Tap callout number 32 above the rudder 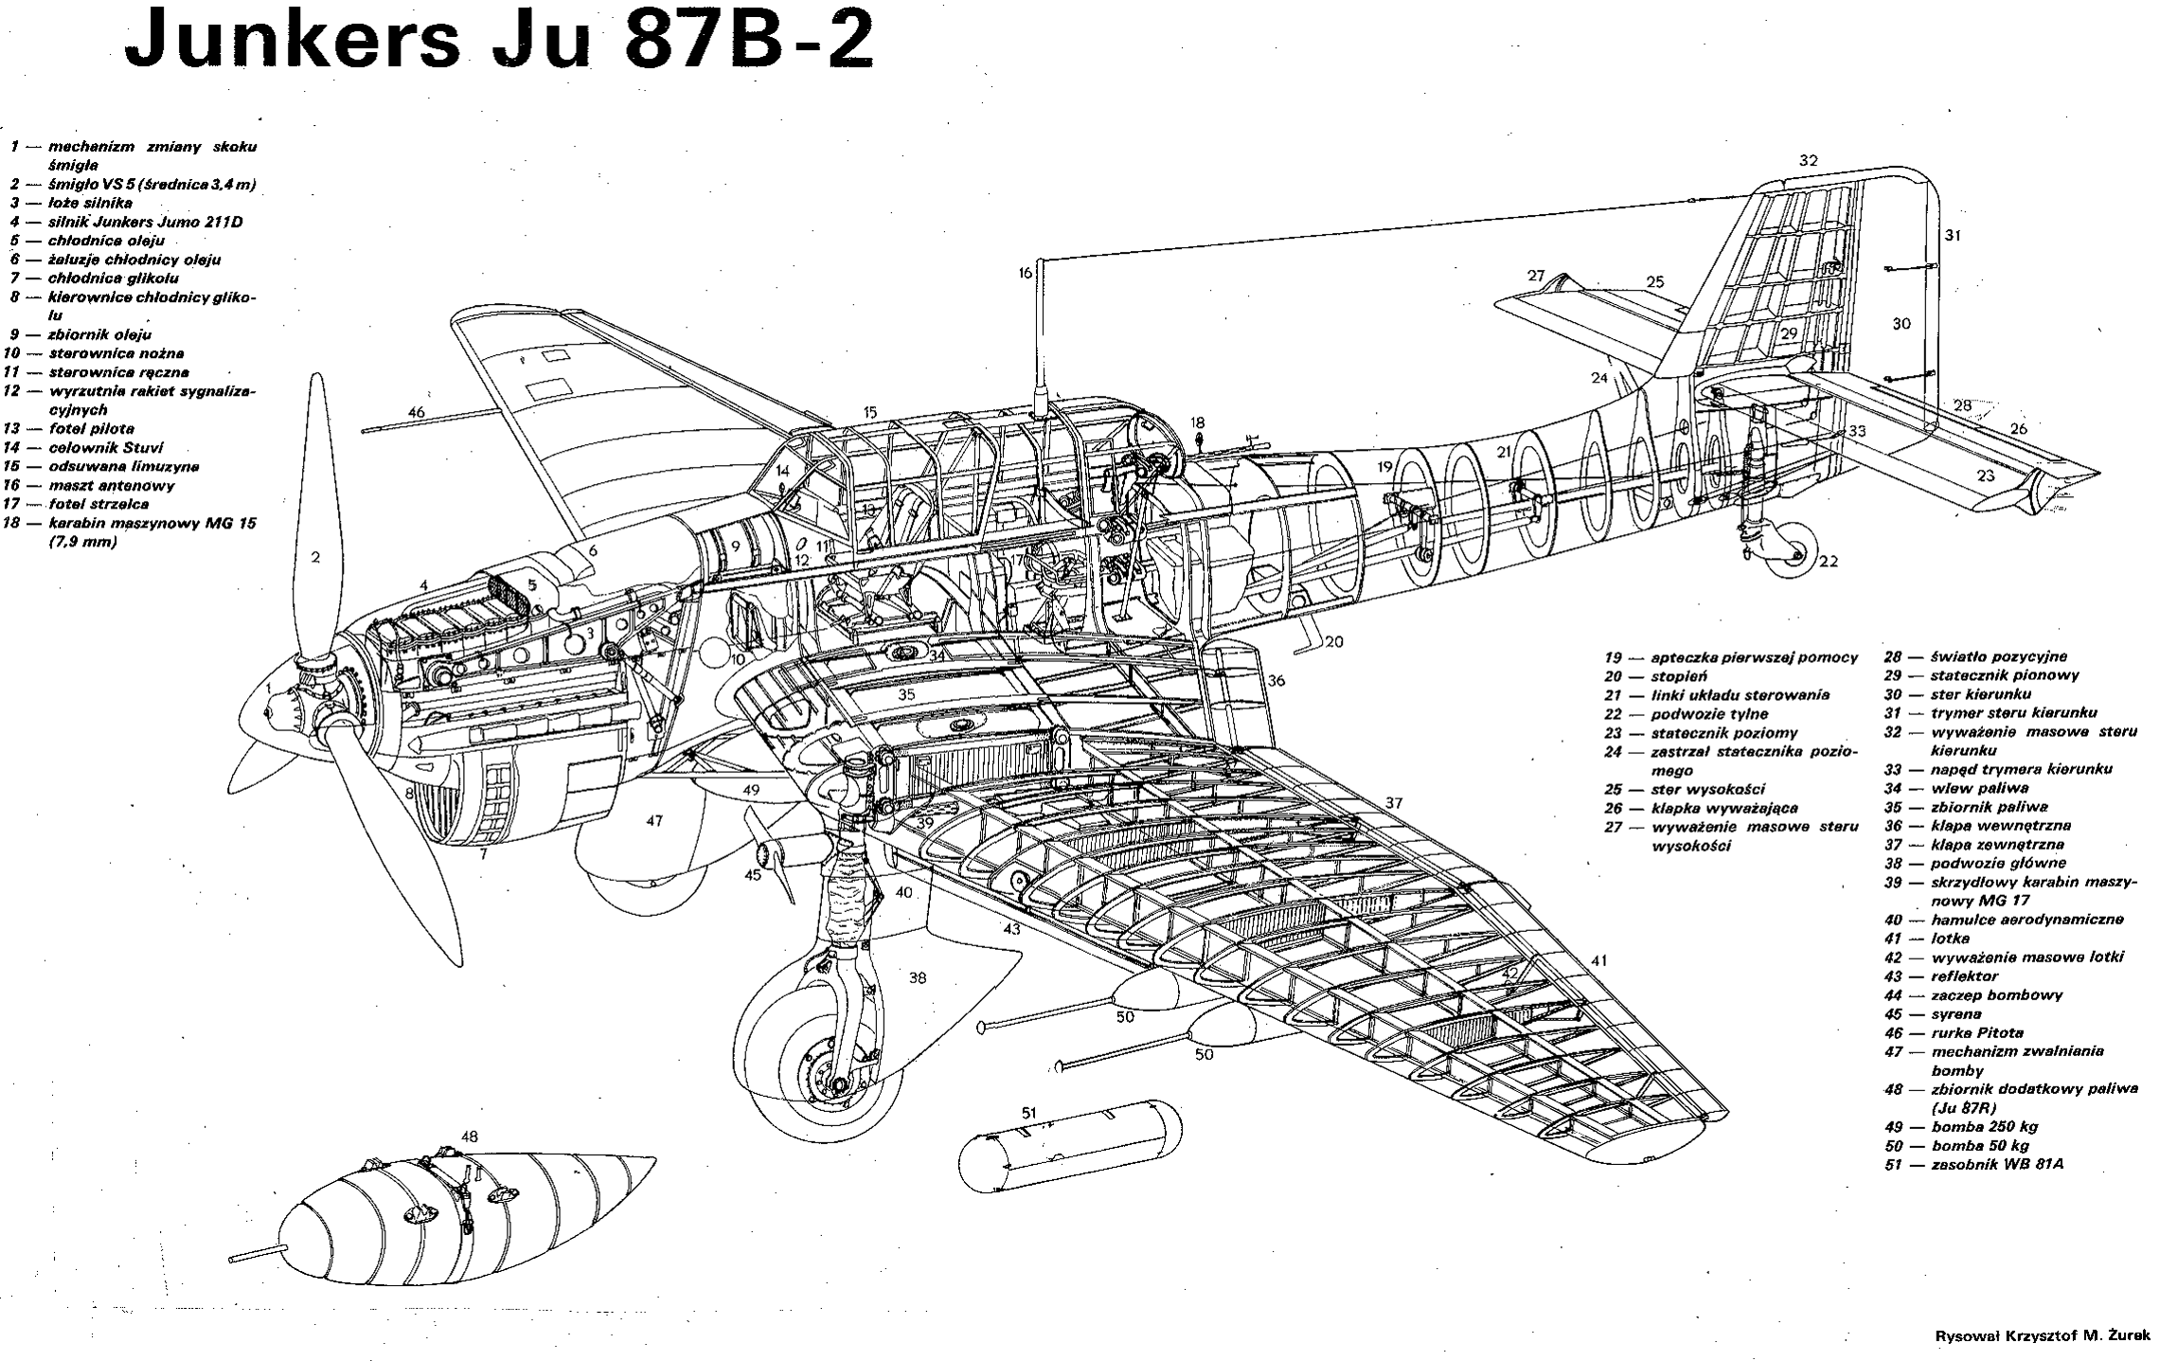click(1809, 161)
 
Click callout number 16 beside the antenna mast click(1025, 273)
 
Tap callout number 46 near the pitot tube click(417, 412)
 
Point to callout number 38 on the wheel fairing click(917, 977)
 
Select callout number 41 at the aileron click(1599, 960)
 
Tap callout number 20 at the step click(1333, 642)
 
